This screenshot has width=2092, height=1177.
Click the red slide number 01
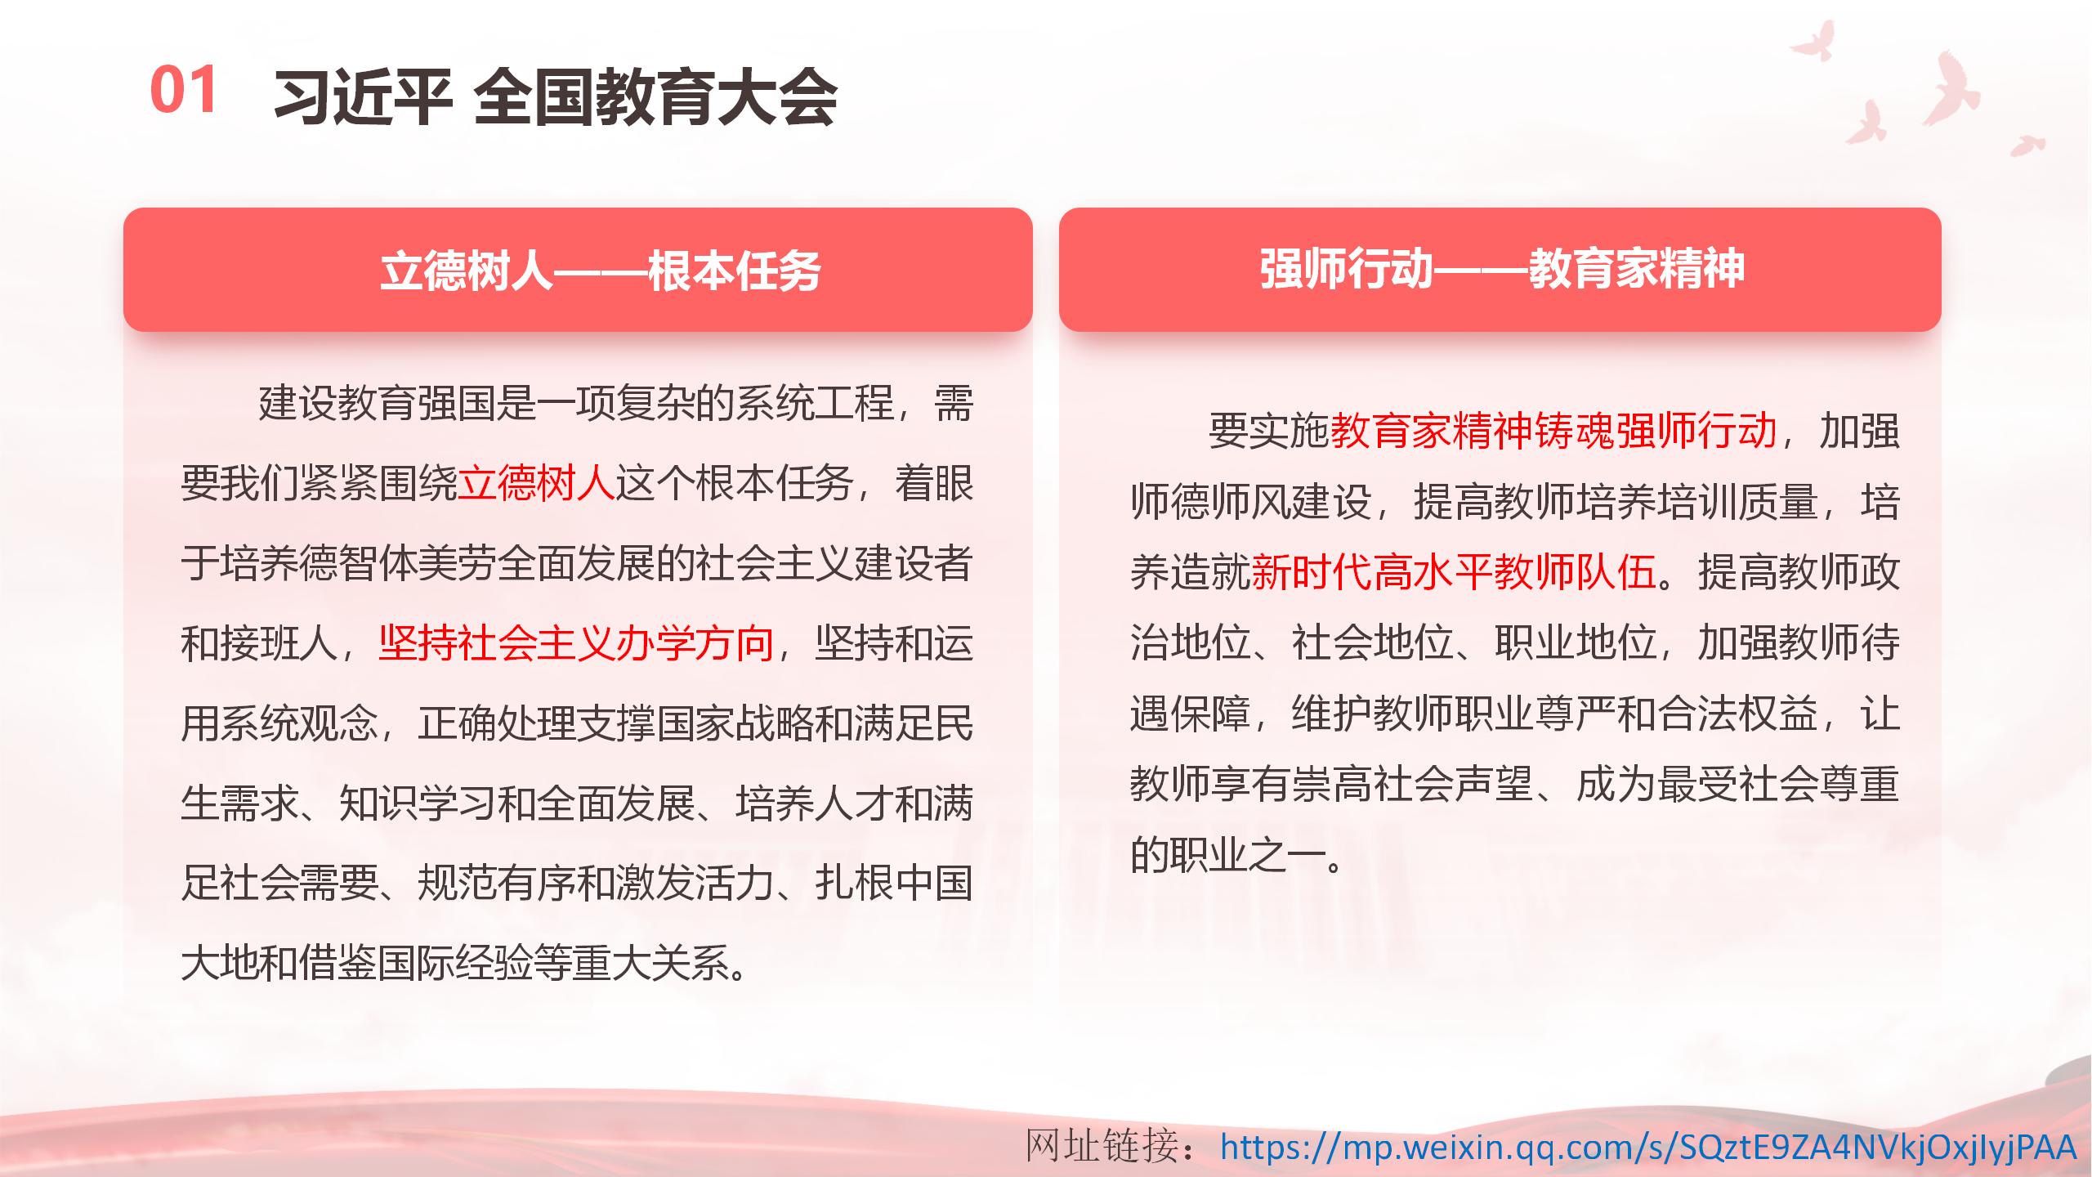point(184,90)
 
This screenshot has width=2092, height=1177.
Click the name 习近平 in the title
point(363,97)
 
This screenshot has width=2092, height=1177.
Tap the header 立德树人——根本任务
point(601,271)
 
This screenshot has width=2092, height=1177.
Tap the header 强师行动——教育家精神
point(1502,268)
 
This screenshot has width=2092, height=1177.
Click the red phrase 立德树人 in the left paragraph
point(536,483)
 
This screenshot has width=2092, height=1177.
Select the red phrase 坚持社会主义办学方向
point(576,643)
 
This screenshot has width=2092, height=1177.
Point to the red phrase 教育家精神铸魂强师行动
point(1553,430)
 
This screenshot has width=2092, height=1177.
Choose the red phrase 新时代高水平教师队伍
point(1453,571)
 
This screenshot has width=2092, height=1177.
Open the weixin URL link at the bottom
point(1647,1147)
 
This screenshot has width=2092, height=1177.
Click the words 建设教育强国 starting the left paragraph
point(378,404)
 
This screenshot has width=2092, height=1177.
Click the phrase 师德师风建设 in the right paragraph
point(1251,501)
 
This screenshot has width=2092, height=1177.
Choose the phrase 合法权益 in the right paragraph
point(1737,714)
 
